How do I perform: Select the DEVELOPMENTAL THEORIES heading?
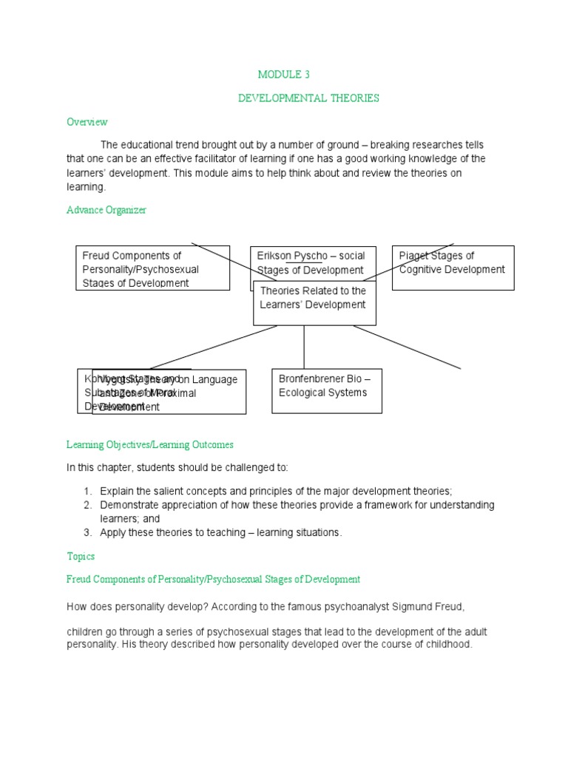[x=308, y=98]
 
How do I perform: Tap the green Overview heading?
[x=87, y=122]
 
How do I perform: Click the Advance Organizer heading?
[x=106, y=210]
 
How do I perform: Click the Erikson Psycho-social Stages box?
[x=313, y=262]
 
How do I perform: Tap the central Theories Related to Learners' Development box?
[x=314, y=303]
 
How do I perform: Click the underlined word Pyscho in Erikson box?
[x=310, y=256]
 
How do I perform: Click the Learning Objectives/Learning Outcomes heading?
[x=150, y=445]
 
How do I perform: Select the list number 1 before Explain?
[x=87, y=491]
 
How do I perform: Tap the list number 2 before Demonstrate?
[x=87, y=505]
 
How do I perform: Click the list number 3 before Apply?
[x=87, y=533]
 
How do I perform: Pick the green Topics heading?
[x=81, y=556]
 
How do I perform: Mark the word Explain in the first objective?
[x=118, y=491]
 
